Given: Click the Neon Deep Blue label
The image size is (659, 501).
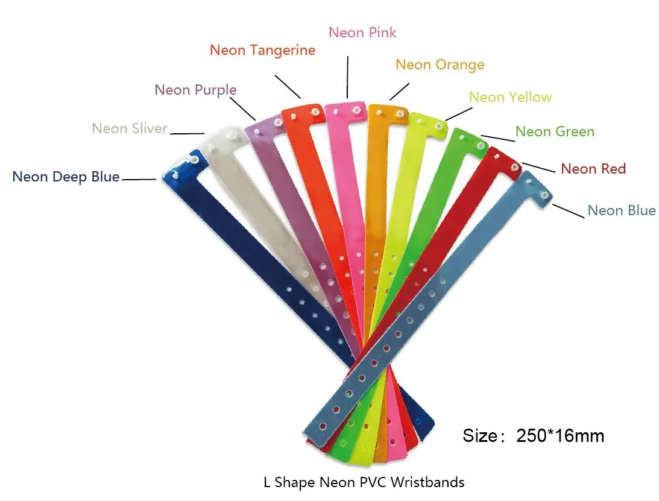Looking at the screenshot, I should tap(66, 177).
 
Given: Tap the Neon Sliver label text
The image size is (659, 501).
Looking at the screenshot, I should tap(129, 128).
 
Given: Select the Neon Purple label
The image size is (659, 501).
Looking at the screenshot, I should tap(195, 90).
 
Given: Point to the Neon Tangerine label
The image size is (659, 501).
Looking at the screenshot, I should tap(262, 50).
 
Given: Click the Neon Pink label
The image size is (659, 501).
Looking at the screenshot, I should tap(362, 32).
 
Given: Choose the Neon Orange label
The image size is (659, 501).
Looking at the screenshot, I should tap(440, 65).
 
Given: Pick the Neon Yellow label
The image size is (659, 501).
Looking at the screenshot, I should tap(510, 97).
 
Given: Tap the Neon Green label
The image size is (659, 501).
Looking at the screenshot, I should tap(555, 131).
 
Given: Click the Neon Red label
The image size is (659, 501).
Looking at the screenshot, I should tap(593, 169).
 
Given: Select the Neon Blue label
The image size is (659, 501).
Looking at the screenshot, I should tap(622, 210).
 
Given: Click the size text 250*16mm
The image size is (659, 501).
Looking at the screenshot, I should tap(533, 435).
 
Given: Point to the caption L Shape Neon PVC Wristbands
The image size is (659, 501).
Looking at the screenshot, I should tap(364, 482).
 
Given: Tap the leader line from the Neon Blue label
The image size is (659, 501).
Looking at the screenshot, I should tap(569, 212).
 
